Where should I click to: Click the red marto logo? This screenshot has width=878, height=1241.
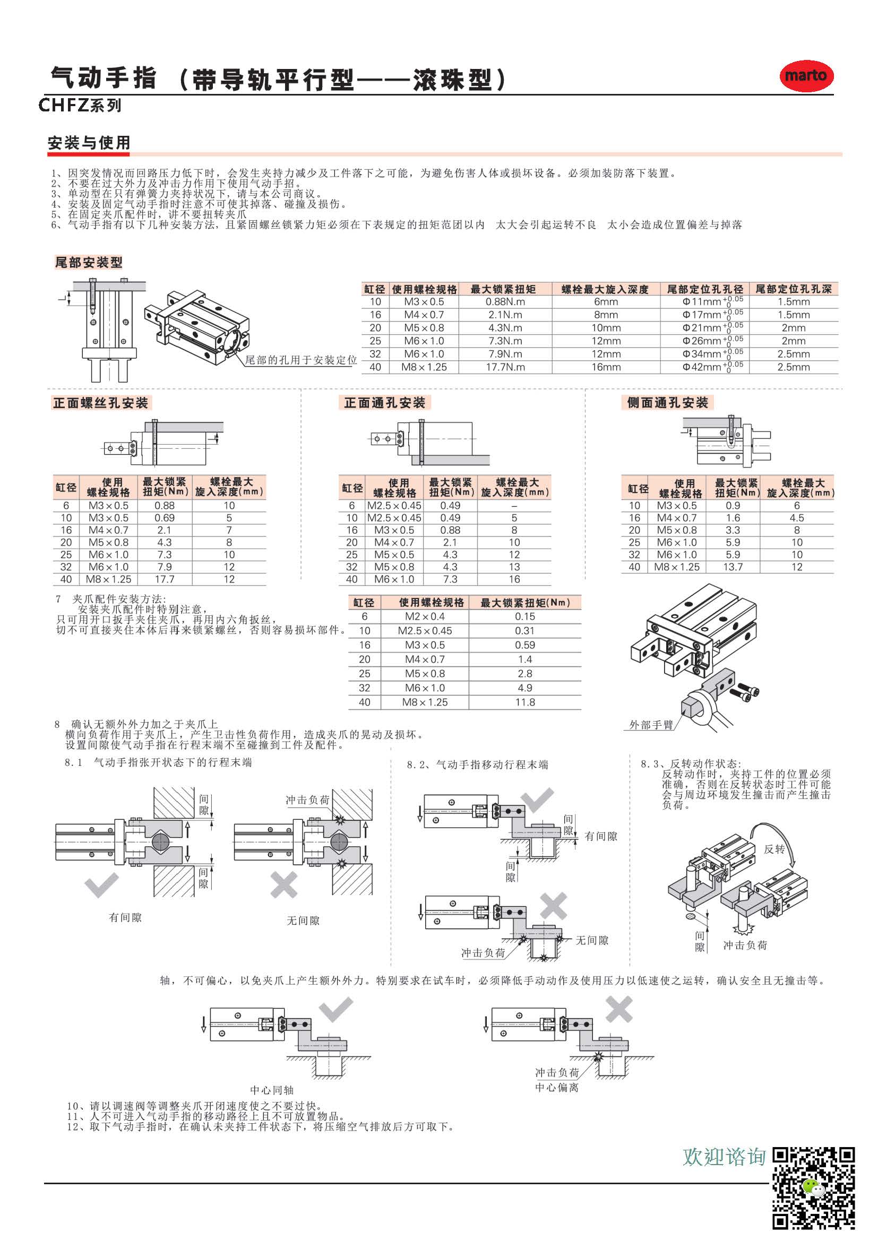coord(806,76)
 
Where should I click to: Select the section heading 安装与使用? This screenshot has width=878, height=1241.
coord(89,143)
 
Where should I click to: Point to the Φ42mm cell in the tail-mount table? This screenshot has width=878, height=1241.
coord(704,367)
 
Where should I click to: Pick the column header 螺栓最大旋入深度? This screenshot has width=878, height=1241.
coord(605,289)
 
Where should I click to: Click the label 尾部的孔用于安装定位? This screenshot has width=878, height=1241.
coord(301,360)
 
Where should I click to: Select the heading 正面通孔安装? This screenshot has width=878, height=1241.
coord(384,403)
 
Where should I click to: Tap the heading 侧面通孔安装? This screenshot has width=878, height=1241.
coord(667,403)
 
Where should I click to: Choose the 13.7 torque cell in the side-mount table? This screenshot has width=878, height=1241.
coord(733,567)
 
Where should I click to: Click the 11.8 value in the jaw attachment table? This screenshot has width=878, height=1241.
coord(524,702)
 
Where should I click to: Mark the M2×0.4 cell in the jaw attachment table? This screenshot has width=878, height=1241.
coord(425,616)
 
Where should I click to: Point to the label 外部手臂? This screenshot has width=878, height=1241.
coord(651,725)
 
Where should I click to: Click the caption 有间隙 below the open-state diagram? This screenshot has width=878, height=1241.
coord(125,917)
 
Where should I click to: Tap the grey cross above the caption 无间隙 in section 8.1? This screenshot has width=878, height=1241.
coord(284,886)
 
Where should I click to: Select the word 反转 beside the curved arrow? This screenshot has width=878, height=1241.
coord(774,849)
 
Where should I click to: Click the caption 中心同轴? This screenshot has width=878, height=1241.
coord(272,1090)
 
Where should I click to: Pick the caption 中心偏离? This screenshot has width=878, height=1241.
coord(557,1088)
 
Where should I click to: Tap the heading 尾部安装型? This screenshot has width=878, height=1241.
coord(89,263)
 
